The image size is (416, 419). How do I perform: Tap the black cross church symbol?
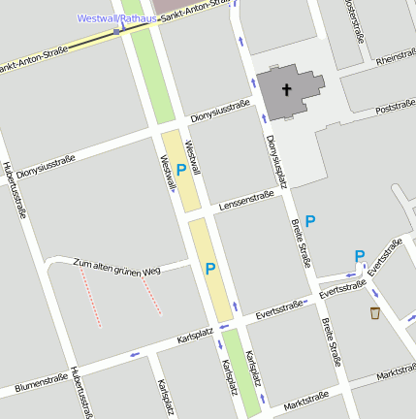[286, 90]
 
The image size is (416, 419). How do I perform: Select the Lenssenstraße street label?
[246, 200]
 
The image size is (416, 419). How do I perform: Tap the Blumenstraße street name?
[42, 384]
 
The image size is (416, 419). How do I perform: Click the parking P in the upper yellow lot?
[181, 170]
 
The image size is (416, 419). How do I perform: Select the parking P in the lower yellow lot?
[210, 269]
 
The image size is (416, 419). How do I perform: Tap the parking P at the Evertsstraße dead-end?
[360, 256]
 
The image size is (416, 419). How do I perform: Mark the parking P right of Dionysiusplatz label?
[310, 221]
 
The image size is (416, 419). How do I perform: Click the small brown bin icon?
[374, 312]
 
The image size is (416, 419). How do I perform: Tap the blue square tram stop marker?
[117, 31]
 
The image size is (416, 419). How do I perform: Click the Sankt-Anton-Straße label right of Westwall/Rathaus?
[198, 14]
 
